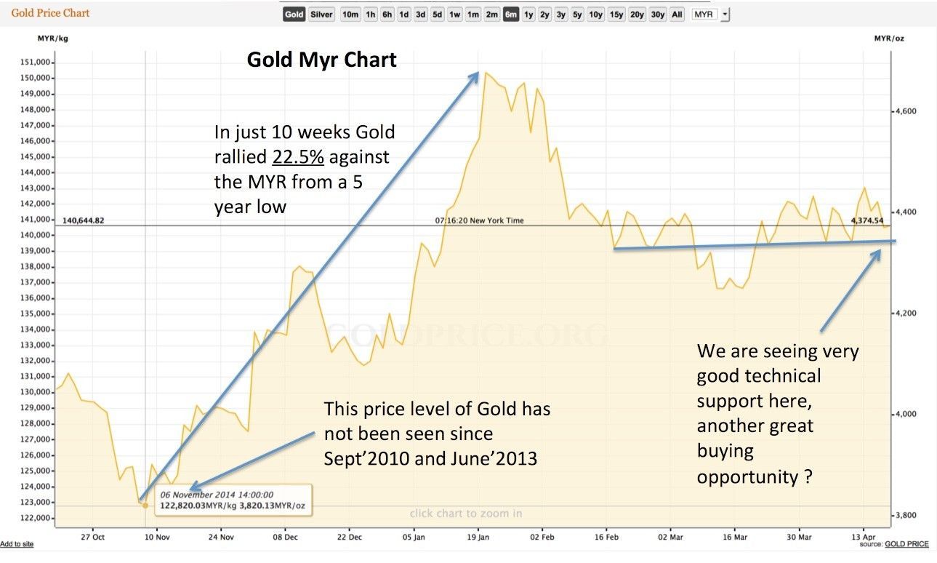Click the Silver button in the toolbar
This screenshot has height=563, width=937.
tap(321, 15)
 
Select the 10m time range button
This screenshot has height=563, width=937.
tap(350, 15)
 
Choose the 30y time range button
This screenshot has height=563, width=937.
tap(658, 15)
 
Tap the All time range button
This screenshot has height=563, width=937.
tap(677, 15)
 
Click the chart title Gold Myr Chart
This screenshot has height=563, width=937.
tap(322, 59)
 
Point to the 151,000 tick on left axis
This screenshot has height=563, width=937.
tap(35, 63)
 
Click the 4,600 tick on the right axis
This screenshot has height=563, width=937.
tap(905, 111)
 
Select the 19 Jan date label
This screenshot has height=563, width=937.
tap(478, 538)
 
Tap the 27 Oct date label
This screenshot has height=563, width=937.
tap(93, 538)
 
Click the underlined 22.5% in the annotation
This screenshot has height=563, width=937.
tap(298, 156)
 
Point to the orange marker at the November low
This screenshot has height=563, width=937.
tap(145, 505)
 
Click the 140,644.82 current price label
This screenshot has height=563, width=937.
tap(84, 220)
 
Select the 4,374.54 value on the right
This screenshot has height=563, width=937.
tap(868, 220)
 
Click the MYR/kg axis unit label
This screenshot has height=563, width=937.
tap(53, 37)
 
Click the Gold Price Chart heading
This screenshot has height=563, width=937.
tap(50, 13)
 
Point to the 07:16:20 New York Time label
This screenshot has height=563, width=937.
tap(479, 220)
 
